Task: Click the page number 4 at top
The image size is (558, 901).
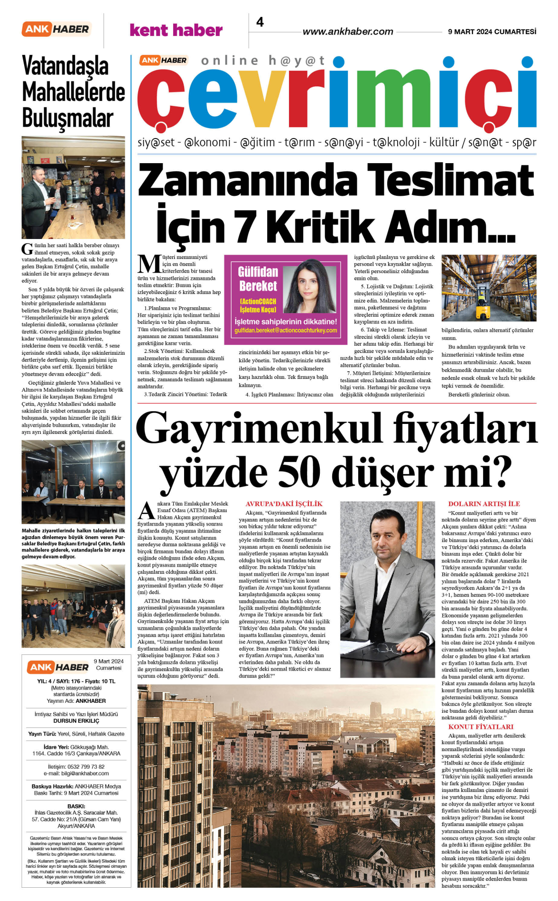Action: pos(260,22)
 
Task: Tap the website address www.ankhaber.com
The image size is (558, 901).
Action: pos(348,32)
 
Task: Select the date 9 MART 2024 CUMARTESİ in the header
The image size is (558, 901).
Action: pos(492,32)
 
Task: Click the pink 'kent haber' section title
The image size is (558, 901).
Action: pos(176,30)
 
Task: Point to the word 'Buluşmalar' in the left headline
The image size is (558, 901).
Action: pos(68,119)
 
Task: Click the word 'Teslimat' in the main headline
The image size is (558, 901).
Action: pos(451,180)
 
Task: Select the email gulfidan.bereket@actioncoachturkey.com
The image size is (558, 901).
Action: pos(286,331)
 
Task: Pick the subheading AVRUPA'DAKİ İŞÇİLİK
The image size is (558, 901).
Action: pos(284,504)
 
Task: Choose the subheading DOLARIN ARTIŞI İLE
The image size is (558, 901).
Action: pos(484,504)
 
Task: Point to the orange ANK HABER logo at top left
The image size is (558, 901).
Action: pos(56,29)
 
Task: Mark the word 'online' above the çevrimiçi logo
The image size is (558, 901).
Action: pos(230,61)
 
